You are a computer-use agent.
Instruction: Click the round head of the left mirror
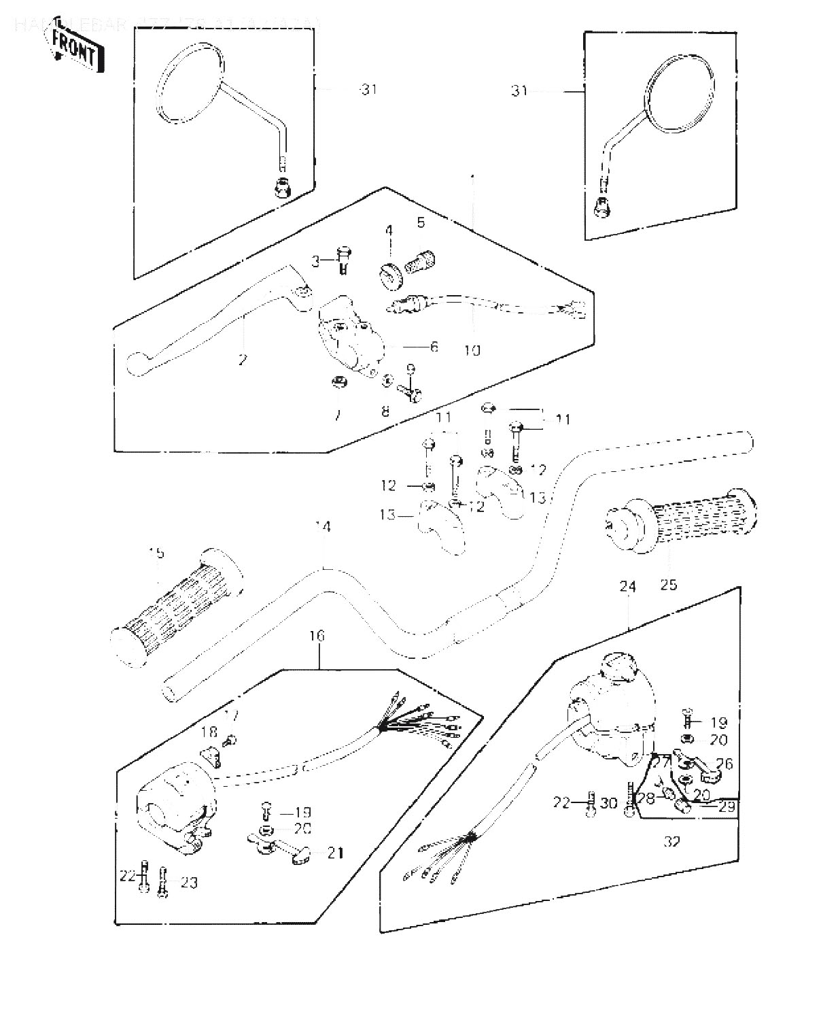190,85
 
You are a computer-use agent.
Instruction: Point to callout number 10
472,350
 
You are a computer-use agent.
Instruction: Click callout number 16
317,636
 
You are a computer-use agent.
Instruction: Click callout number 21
335,852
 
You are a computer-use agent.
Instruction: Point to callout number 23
189,883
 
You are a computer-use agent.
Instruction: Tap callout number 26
724,764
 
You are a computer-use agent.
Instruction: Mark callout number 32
671,841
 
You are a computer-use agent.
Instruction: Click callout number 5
421,222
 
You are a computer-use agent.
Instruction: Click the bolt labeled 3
344,258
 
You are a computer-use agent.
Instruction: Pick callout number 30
609,803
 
